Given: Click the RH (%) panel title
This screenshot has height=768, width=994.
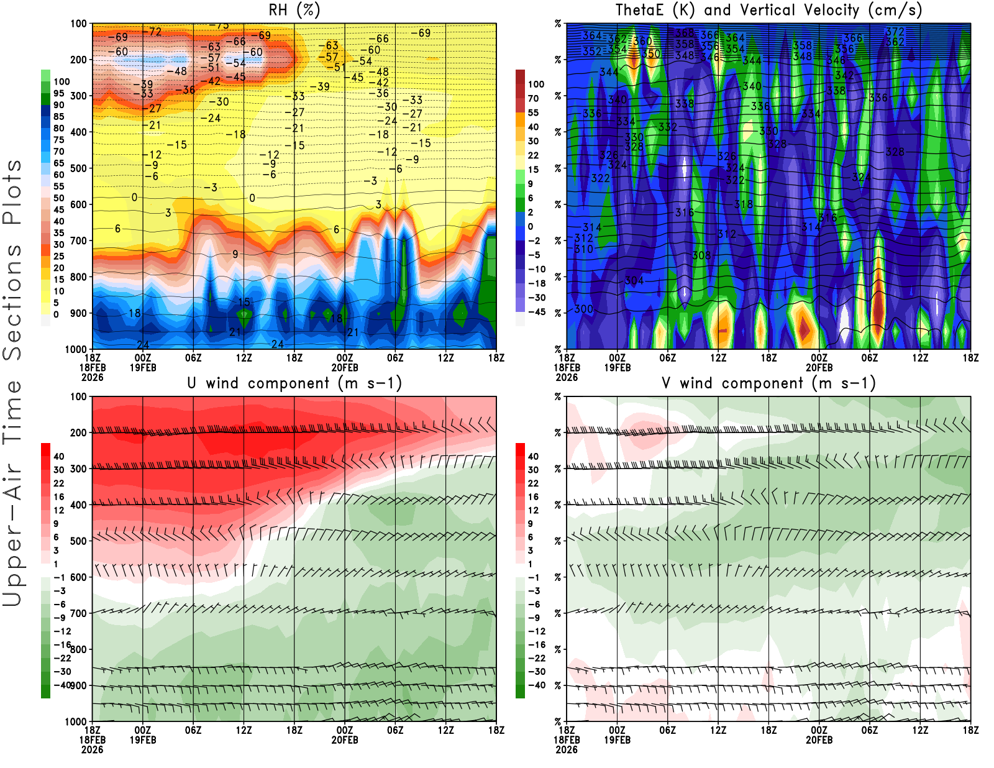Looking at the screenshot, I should tap(294, 11).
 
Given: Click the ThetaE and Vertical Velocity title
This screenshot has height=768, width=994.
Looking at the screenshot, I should tap(768, 11).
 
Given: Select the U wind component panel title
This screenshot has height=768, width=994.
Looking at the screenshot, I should tap(294, 383).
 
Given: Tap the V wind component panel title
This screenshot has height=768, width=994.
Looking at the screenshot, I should tap(768, 383).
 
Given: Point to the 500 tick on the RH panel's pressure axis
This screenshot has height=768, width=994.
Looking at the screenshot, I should tap(78, 168).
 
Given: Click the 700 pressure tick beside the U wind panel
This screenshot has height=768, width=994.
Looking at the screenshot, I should tap(78, 613).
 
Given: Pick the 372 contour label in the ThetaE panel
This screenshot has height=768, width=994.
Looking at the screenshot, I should tap(895, 32).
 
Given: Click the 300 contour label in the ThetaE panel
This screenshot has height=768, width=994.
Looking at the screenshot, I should tap(583, 309).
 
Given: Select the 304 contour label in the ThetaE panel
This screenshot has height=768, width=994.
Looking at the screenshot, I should tap(634, 281).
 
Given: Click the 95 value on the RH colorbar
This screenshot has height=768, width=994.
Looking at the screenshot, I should tap(58, 93).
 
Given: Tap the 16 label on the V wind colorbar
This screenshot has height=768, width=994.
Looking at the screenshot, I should tap(533, 497).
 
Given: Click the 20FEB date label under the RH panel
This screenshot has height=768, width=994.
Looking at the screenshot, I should tap(345, 367).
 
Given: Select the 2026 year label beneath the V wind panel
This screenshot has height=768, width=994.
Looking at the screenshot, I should tap(567, 749).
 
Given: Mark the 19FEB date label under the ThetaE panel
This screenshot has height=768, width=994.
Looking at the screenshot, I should tap(617, 367).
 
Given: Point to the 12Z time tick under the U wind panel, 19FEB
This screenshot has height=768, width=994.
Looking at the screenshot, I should tap(244, 730).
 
